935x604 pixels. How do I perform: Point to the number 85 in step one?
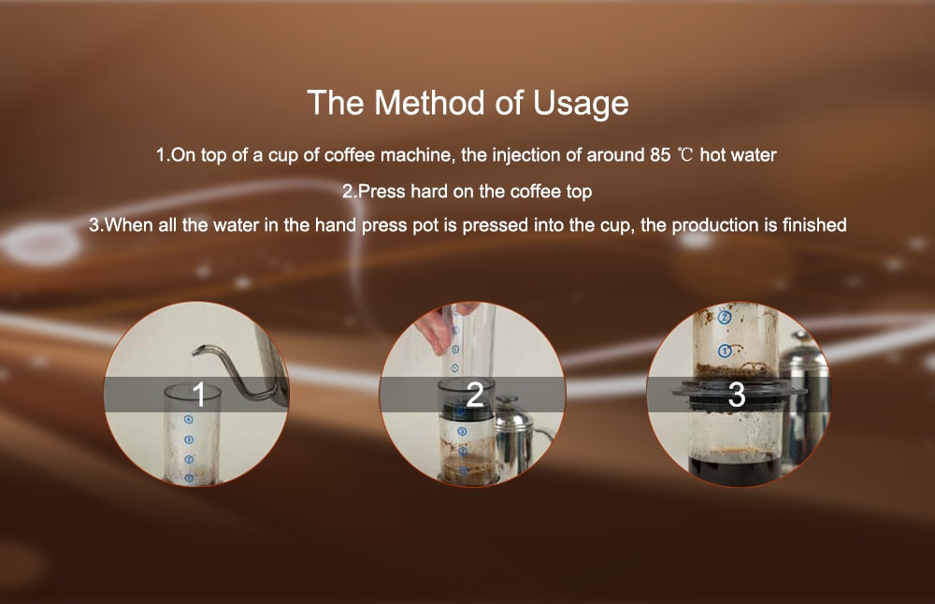click(x=659, y=155)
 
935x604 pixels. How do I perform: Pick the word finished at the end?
click(x=814, y=225)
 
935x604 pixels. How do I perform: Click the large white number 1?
click(x=197, y=395)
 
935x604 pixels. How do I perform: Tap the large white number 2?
click(x=474, y=395)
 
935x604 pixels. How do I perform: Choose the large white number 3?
click(x=737, y=395)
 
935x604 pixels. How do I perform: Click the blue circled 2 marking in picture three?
click(x=723, y=318)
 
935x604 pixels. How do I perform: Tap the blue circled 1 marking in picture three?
click(x=724, y=351)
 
